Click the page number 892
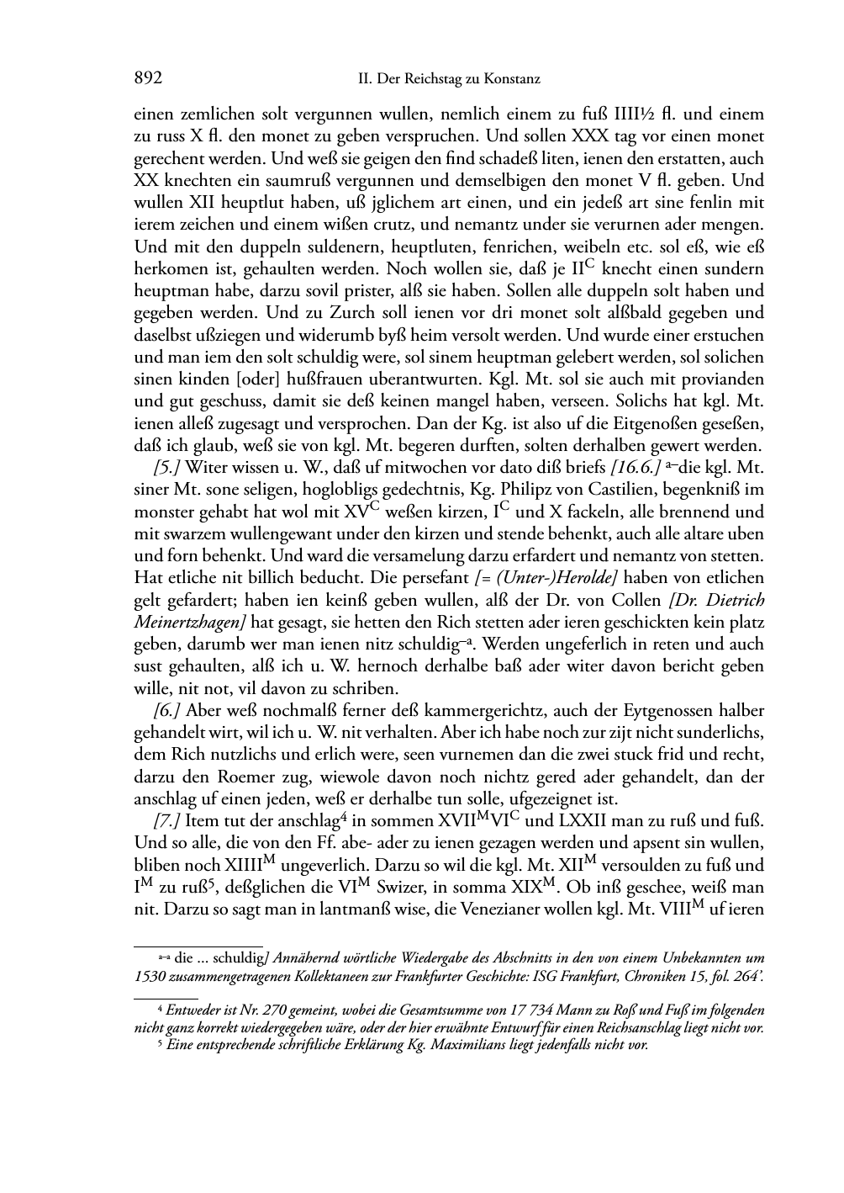pyautogui.click(x=148, y=79)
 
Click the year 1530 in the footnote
pyautogui.click(x=149, y=976)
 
